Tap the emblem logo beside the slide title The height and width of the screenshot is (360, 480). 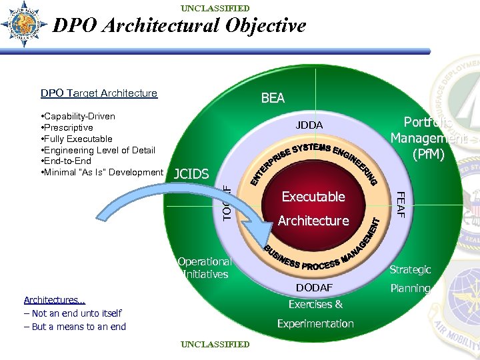click(x=24, y=24)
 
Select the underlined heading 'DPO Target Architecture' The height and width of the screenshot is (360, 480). click(x=99, y=93)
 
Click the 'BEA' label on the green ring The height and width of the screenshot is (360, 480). click(x=273, y=98)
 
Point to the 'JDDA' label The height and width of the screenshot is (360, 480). click(x=309, y=125)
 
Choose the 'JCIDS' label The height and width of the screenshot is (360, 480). click(x=191, y=175)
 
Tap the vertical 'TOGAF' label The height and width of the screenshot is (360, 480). click(x=227, y=203)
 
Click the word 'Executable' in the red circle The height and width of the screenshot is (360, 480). click(x=313, y=197)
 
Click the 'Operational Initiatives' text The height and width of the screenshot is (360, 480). click(x=204, y=268)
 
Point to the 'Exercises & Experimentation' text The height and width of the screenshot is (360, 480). click(x=315, y=314)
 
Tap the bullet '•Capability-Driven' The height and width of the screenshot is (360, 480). click(x=78, y=116)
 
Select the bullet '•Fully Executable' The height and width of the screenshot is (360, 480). click(x=77, y=139)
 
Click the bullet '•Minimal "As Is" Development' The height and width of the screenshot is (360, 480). click(x=102, y=172)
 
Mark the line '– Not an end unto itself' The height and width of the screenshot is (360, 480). click(x=73, y=313)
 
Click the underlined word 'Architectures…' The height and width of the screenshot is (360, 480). click(x=55, y=300)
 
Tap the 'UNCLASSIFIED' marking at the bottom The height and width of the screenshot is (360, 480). click(x=215, y=345)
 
